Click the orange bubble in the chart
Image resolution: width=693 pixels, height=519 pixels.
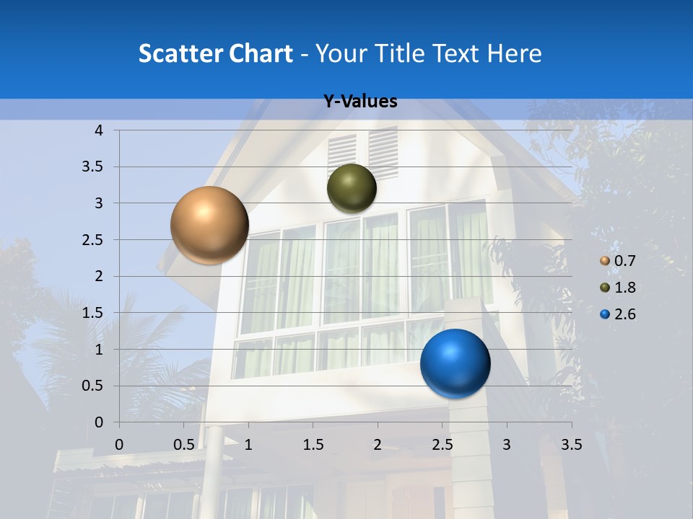[209, 225]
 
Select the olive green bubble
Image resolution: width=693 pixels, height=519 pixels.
[352, 188]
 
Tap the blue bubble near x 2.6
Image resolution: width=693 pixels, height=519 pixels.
[455, 363]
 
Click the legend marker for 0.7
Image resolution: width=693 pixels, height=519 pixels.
[605, 261]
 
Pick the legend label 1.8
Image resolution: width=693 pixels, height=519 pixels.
[624, 288]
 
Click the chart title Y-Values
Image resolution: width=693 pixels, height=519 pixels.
[360, 102]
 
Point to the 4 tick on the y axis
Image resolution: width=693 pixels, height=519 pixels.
[98, 130]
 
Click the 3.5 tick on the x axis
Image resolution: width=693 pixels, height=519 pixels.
[572, 445]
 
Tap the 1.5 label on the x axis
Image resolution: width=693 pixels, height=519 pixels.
[313, 445]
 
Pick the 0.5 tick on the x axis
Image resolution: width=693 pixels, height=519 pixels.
[184, 445]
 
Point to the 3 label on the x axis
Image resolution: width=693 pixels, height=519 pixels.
[507, 445]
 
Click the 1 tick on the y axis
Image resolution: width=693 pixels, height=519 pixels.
[98, 350]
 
